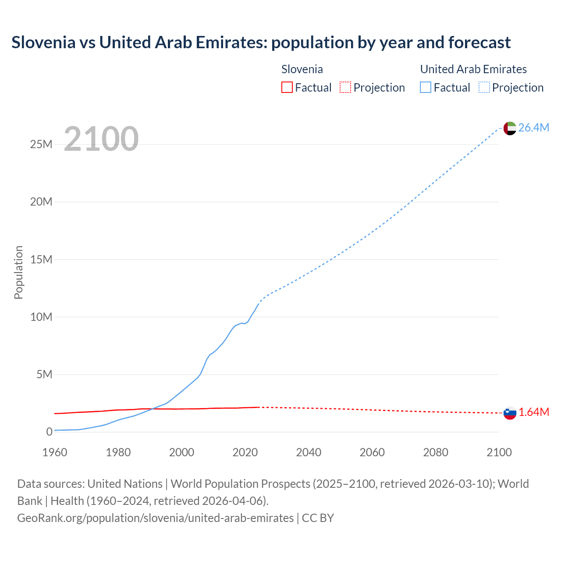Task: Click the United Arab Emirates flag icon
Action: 510,128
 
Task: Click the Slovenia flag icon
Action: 510,412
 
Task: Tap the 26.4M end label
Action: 533,128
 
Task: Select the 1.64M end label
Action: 534,412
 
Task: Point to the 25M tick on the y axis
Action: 41,144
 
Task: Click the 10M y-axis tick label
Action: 41,317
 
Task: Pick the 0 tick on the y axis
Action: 49,432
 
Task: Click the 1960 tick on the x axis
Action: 55,452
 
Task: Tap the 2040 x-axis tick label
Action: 309,452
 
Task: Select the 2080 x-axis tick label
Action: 436,452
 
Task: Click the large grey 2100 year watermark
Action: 101,139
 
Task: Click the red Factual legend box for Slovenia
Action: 287,88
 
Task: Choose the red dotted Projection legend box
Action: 345,88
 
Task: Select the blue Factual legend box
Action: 426,88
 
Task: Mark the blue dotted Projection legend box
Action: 484,88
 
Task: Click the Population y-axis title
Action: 18,272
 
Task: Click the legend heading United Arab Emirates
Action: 473,69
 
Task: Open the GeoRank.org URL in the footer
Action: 155,518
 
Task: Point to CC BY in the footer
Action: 318,518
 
